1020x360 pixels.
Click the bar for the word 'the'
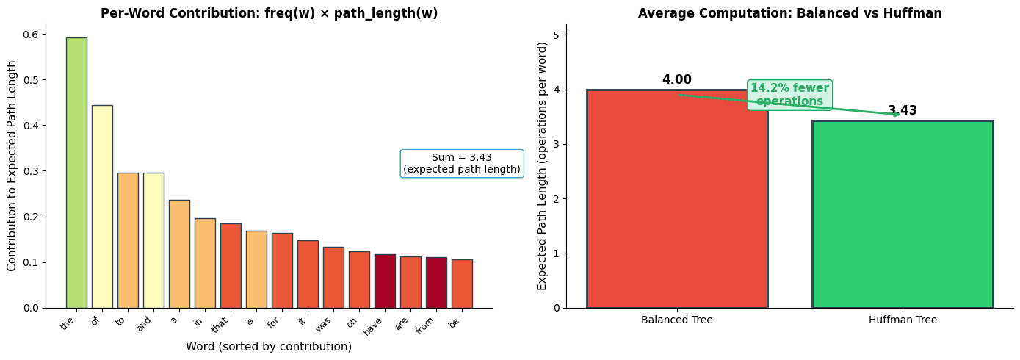(76, 173)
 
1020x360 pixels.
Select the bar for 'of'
(102, 206)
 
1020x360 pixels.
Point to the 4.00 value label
(676, 80)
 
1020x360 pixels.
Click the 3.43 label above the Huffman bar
(902, 111)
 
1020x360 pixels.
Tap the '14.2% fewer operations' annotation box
(789, 95)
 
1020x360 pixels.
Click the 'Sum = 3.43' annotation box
(461, 163)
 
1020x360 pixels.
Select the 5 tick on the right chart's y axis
(557, 35)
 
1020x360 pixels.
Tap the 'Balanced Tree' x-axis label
(676, 320)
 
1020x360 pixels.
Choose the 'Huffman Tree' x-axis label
(902, 320)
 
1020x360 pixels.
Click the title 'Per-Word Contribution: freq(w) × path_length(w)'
(269, 13)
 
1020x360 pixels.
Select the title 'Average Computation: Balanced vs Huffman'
(789, 13)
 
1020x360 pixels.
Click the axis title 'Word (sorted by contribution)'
(269, 347)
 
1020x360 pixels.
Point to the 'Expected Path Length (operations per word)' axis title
(543, 165)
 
